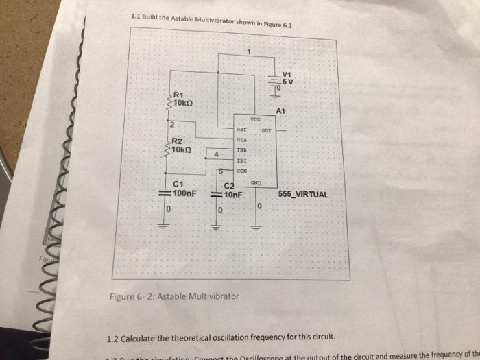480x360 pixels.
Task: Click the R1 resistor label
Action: (x=179, y=94)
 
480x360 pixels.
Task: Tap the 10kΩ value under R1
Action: (x=184, y=102)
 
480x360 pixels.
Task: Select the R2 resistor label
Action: (x=178, y=141)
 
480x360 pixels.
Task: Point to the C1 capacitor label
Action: (x=178, y=184)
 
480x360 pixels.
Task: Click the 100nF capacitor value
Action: (x=185, y=193)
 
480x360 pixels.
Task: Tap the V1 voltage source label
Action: (x=287, y=74)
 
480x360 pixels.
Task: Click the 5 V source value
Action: (x=287, y=81)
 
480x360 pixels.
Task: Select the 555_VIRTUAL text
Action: (x=304, y=194)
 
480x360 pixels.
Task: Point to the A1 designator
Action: (x=280, y=110)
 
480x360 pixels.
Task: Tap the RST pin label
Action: (x=241, y=128)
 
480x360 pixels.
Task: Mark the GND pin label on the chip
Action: (x=256, y=182)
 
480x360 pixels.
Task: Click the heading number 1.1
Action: (x=134, y=16)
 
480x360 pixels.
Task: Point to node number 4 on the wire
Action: (x=217, y=154)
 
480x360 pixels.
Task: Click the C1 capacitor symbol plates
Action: (x=165, y=193)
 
